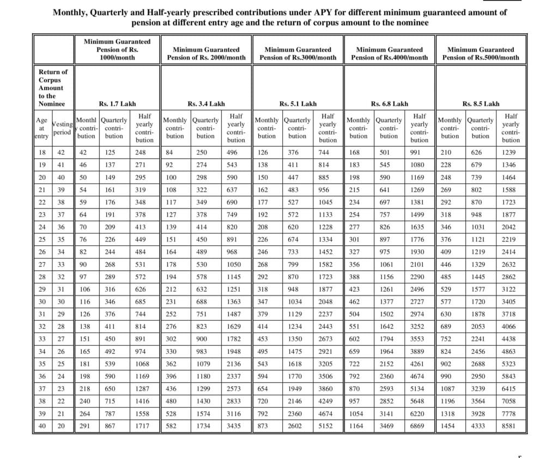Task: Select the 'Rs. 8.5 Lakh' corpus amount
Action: click(x=481, y=104)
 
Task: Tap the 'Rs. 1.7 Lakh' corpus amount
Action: click(x=117, y=104)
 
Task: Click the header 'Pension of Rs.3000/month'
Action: click(x=298, y=57)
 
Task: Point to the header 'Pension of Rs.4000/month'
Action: click(x=390, y=57)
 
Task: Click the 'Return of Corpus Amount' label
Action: click(x=52, y=87)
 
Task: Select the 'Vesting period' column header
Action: click(x=62, y=128)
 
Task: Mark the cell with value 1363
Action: click(x=236, y=302)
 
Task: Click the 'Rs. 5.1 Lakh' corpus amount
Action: click(x=298, y=104)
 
